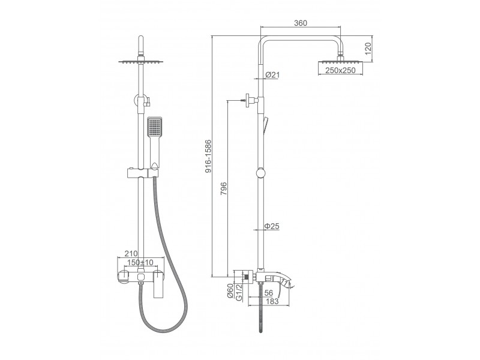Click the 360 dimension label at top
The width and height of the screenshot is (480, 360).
(301, 23)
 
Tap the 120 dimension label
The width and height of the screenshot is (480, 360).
(368, 49)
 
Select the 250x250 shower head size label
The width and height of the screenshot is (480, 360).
(340, 70)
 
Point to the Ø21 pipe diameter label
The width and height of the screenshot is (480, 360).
(272, 74)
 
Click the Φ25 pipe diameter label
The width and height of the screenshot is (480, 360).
(272, 226)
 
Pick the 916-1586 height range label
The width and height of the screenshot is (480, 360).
(208, 156)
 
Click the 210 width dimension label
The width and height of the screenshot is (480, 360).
(131, 253)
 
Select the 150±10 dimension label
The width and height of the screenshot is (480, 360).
(140, 262)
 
